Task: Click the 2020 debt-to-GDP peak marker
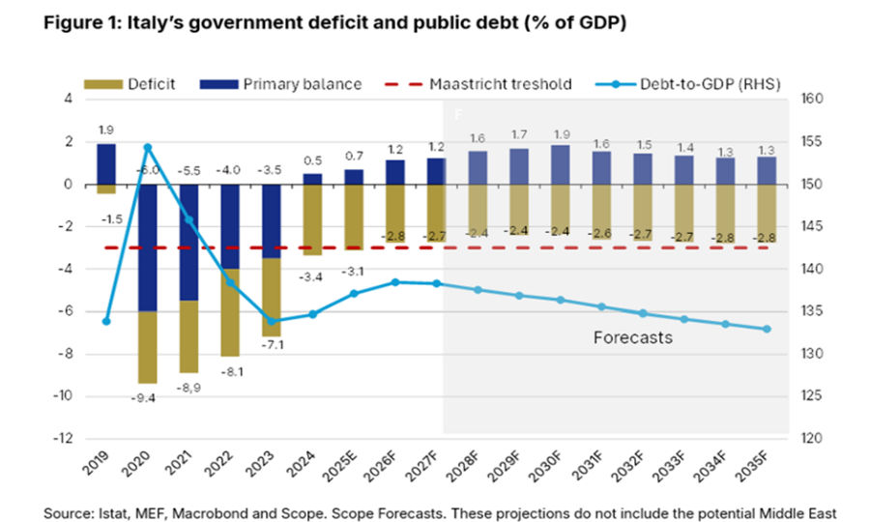click(148, 147)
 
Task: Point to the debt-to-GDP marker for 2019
click(106, 321)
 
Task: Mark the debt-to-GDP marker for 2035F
click(767, 329)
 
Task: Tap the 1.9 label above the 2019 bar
click(106, 129)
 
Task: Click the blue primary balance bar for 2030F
click(560, 164)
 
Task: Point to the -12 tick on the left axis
click(65, 438)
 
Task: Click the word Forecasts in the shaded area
click(632, 338)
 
